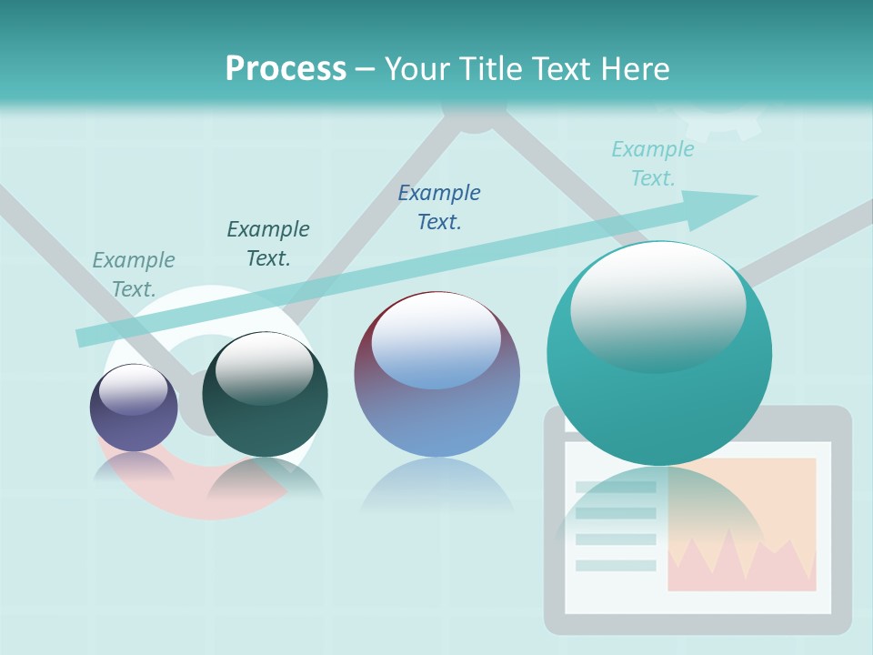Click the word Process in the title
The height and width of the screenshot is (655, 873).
coord(286,68)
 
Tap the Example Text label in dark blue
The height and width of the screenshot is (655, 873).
coord(439,207)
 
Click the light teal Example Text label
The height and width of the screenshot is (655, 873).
coord(652,164)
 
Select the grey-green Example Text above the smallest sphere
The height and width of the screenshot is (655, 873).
coord(133,274)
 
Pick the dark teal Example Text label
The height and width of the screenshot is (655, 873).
coord(267,243)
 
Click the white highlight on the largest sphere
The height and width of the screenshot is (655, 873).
coord(657,305)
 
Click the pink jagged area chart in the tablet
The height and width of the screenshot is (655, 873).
coord(741,559)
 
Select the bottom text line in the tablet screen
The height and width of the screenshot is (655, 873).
coord(616,565)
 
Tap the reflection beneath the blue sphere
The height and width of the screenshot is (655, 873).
coord(436,487)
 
